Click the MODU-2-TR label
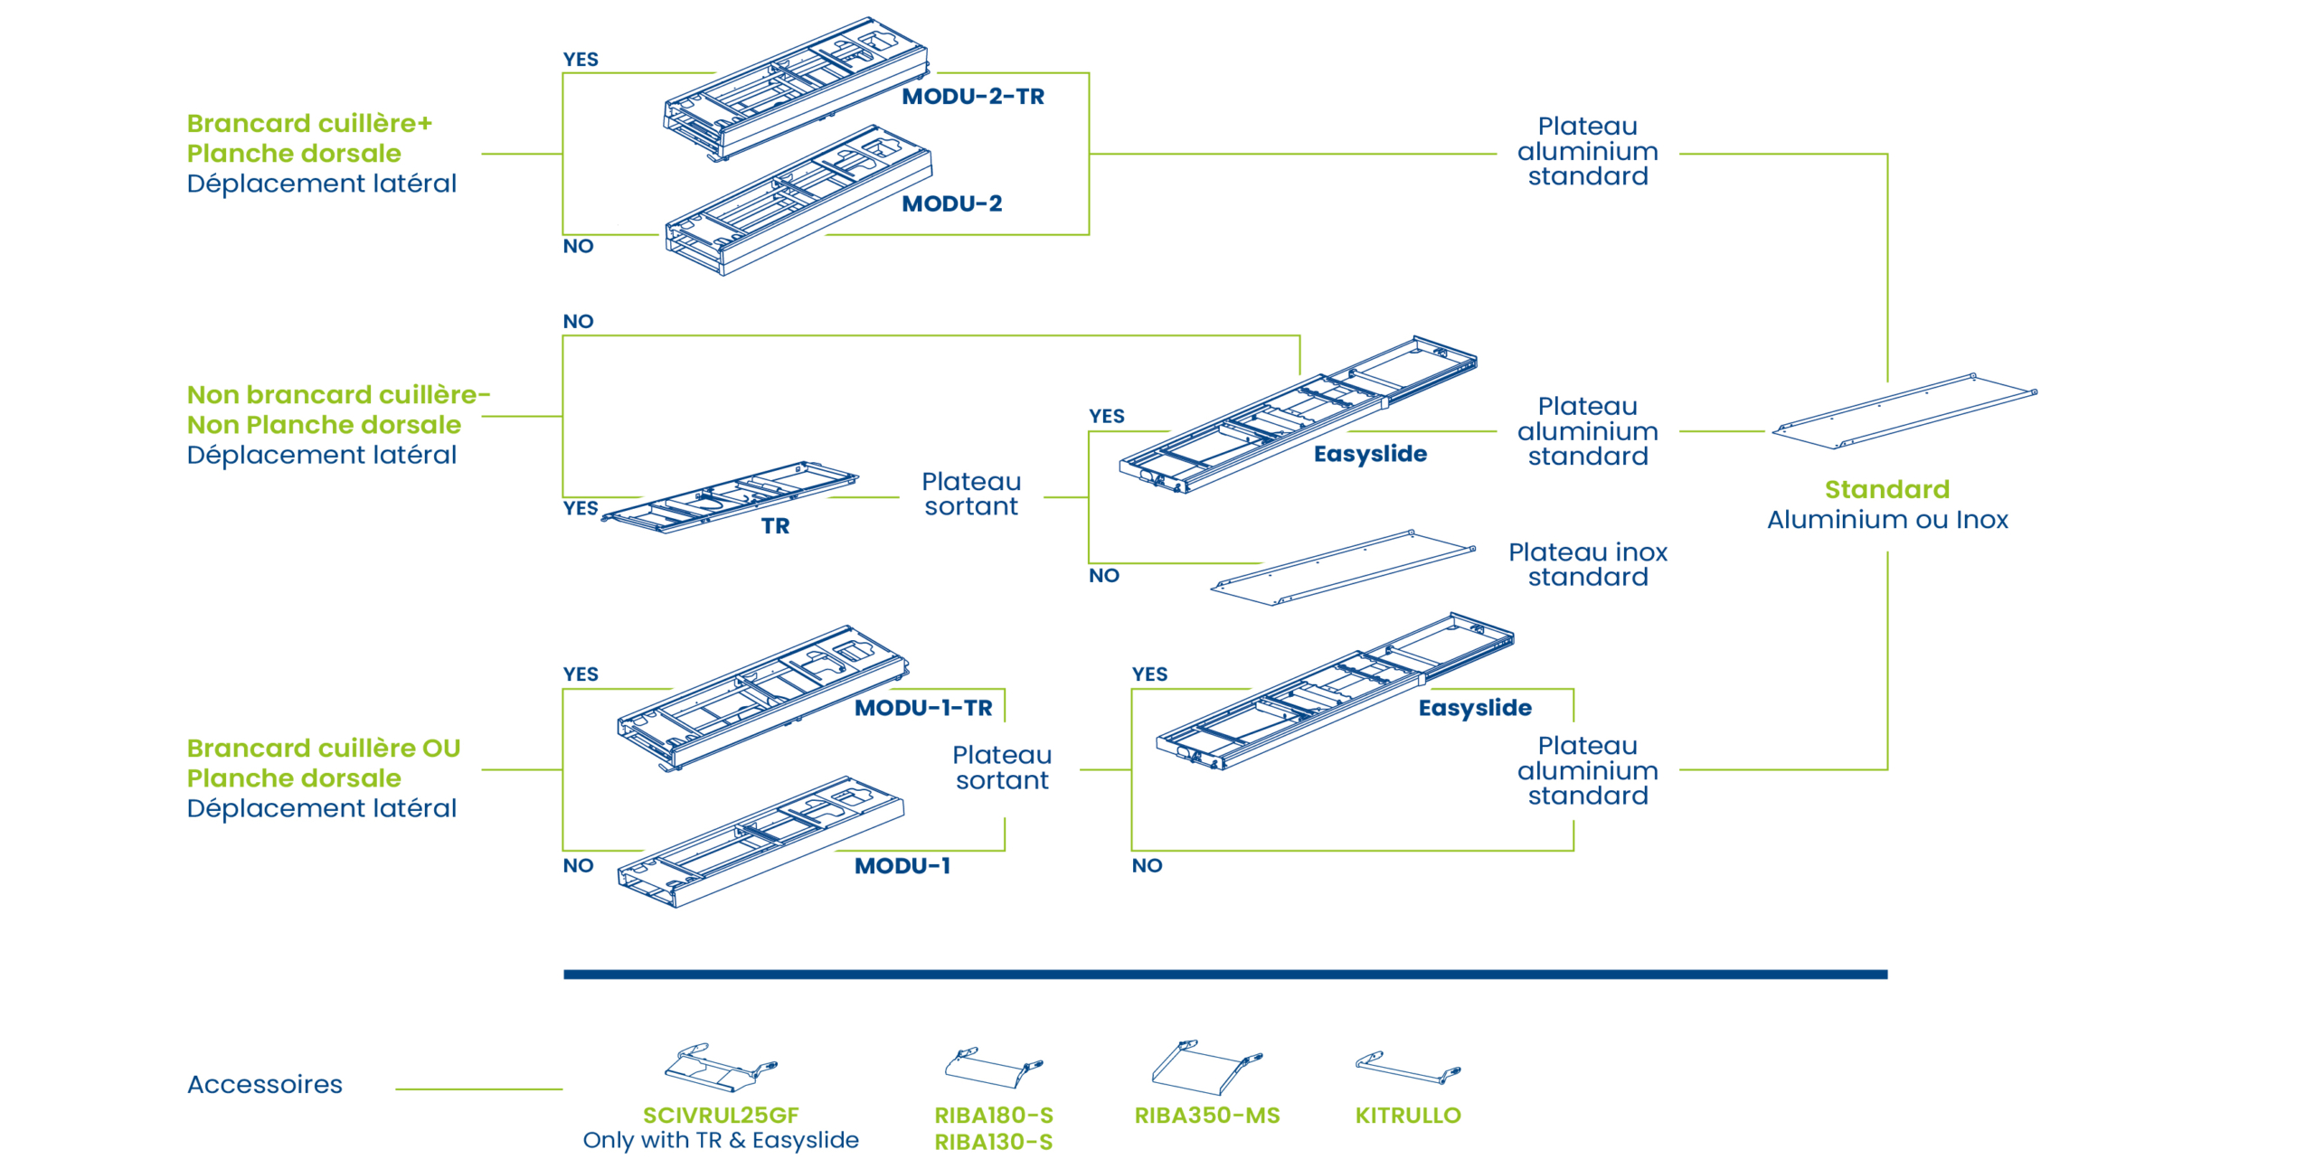(x=972, y=97)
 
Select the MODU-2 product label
(x=951, y=203)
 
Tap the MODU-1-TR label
(x=922, y=708)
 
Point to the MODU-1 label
(x=902, y=866)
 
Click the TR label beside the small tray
(x=775, y=526)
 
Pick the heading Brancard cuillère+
(x=309, y=123)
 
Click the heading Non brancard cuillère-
(x=338, y=395)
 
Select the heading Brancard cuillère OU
(x=323, y=749)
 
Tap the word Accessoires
(x=264, y=1084)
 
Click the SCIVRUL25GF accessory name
(x=720, y=1116)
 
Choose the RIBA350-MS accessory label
(x=1206, y=1116)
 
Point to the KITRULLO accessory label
(x=1407, y=1116)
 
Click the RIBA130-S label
(x=993, y=1143)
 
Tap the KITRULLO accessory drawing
(x=1407, y=1068)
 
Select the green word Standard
(x=1886, y=490)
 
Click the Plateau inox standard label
(x=1587, y=564)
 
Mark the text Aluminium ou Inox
(x=1887, y=520)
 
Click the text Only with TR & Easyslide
(x=720, y=1140)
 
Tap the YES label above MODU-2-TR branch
(x=581, y=60)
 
